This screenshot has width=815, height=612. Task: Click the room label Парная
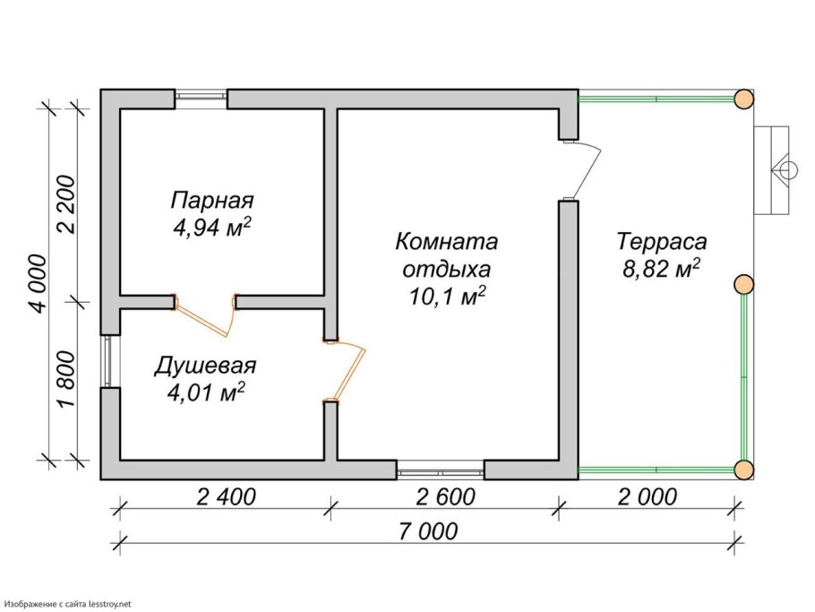point(214,200)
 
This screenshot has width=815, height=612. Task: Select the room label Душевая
point(205,366)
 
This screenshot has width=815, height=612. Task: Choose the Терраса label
point(662,242)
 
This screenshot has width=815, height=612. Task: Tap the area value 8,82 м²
point(661,269)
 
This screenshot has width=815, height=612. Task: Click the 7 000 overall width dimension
point(425,530)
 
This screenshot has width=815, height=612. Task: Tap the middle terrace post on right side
point(742,285)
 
